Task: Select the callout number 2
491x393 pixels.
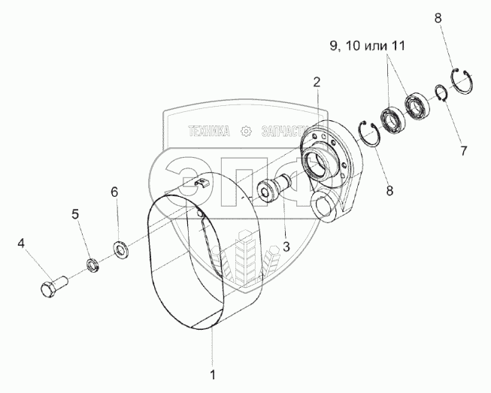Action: pyautogui.click(x=317, y=81)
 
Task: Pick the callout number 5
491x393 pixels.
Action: pyautogui.click(x=76, y=215)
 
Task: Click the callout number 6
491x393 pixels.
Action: pyautogui.click(x=114, y=192)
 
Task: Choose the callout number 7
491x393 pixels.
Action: pyautogui.click(x=464, y=150)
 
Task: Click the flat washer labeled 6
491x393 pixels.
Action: pyautogui.click(x=120, y=247)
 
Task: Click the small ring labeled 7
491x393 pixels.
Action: pyautogui.click(x=440, y=95)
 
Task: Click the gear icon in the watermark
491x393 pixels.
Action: pyautogui.click(x=244, y=131)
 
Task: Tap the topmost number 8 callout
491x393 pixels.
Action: pyautogui.click(x=437, y=20)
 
